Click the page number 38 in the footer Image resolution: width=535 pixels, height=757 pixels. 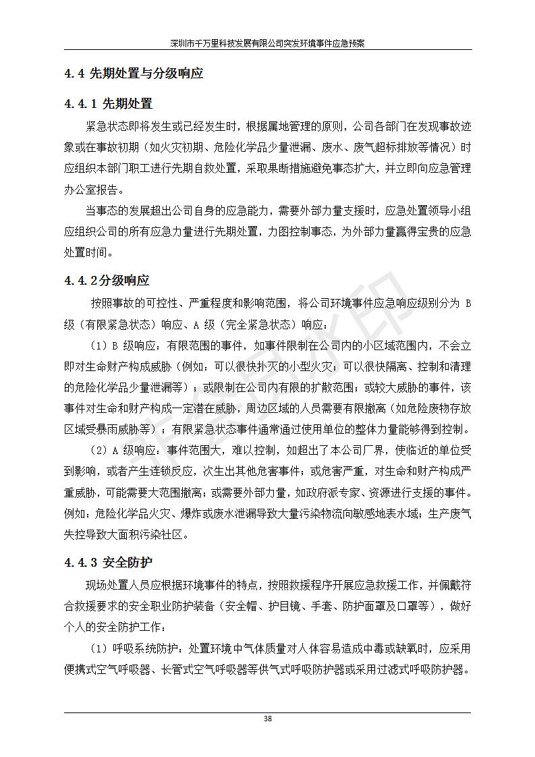[268, 719]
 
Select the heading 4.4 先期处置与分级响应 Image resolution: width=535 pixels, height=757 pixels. [134, 74]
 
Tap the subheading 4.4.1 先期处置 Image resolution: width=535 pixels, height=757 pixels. [109, 104]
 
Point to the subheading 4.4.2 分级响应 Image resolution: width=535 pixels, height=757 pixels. [107, 281]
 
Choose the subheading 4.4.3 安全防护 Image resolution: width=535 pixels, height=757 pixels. [109, 562]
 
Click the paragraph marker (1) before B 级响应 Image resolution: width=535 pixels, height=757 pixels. [98, 345]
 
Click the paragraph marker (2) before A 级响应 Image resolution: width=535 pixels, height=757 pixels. [98, 450]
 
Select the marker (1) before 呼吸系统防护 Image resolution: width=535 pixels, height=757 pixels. [98, 649]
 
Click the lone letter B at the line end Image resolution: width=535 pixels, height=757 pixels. [468, 303]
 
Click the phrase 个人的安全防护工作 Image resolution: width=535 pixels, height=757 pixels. [113, 627]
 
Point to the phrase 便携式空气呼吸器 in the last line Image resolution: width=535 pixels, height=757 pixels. [107, 670]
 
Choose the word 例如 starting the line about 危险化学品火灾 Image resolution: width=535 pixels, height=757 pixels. [75, 514]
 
